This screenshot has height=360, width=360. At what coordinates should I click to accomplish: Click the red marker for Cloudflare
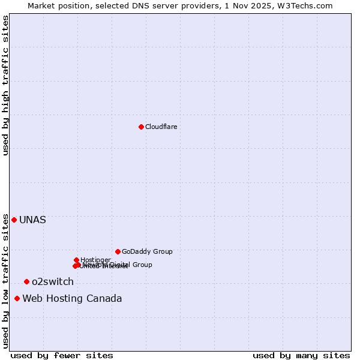click(x=141, y=127)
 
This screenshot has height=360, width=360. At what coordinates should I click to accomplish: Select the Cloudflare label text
click(x=161, y=127)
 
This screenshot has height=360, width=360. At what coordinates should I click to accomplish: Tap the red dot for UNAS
click(x=14, y=220)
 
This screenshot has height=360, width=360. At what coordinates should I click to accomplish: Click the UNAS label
click(x=32, y=220)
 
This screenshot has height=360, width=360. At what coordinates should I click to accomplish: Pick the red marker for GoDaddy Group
click(x=118, y=251)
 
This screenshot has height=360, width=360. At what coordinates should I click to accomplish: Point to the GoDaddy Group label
click(x=147, y=251)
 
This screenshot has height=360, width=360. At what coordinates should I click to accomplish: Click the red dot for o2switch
click(x=26, y=281)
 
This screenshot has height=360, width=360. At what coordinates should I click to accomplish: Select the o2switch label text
click(x=53, y=281)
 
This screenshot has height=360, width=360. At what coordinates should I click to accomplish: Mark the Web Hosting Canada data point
click(x=17, y=298)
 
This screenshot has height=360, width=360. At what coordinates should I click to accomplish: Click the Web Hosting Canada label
click(x=72, y=298)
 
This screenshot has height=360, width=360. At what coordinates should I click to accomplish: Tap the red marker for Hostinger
click(x=76, y=260)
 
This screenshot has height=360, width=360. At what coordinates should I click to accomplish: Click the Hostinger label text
click(x=95, y=260)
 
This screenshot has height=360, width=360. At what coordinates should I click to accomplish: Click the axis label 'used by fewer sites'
click(x=62, y=355)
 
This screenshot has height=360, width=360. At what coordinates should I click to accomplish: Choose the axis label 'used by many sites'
click(x=301, y=355)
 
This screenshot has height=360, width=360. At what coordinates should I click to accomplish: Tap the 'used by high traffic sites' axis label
click(x=5, y=85)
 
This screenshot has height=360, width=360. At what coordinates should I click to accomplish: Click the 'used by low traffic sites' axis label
click(x=5, y=281)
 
